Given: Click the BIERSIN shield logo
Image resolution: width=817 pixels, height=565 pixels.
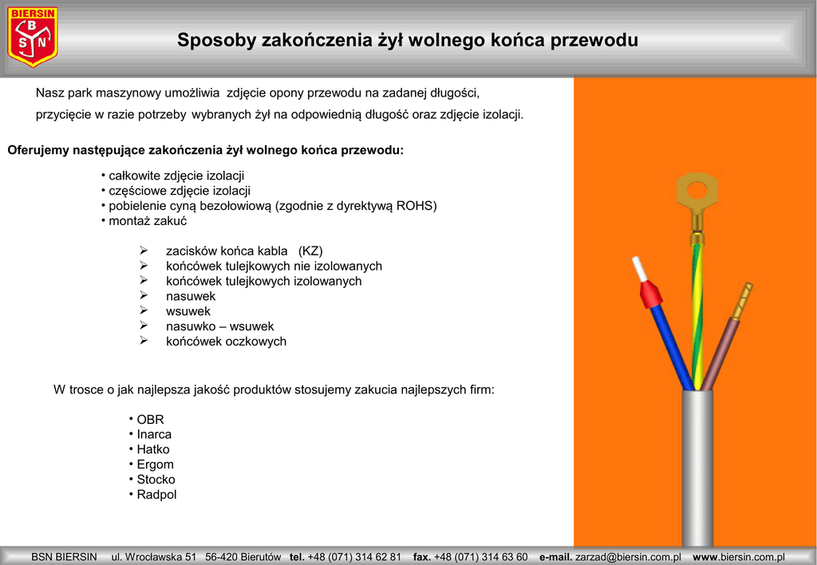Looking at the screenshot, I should pos(33,38).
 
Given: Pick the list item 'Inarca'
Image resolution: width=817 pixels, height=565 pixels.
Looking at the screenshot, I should pos(154,434).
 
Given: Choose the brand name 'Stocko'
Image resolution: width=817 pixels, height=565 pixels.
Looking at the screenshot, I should pos(156,480).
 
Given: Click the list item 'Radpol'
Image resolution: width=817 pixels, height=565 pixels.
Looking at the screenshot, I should pos(156,495).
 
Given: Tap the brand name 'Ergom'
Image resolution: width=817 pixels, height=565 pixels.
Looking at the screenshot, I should pos(155,464).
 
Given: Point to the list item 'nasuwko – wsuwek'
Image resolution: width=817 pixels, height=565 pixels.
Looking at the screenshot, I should pos(219,326).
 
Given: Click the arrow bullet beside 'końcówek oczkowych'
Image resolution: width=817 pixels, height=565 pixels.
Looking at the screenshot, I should pos(144,341).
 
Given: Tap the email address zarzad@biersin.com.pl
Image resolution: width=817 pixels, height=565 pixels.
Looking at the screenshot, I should pos(628,557).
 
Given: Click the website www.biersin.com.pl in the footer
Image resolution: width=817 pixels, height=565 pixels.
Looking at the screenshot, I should pos(739,557).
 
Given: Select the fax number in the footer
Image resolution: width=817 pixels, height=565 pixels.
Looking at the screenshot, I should pos(481,557).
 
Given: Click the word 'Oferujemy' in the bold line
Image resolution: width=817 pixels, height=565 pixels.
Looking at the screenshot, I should pos(38,150).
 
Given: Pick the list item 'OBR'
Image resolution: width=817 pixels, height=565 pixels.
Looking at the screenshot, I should pos(150,419).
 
